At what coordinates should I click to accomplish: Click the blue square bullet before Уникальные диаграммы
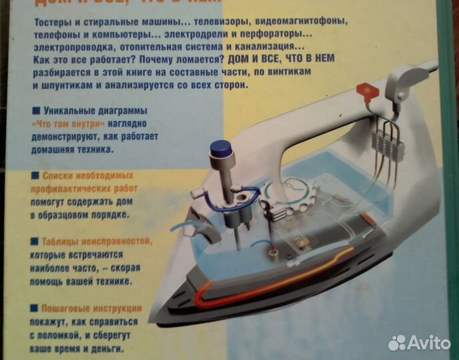tap(35, 110)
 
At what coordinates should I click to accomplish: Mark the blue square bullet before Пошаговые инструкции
tap(35, 309)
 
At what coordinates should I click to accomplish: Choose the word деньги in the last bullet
tap(111, 348)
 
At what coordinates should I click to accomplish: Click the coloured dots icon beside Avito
tap(398, 343)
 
